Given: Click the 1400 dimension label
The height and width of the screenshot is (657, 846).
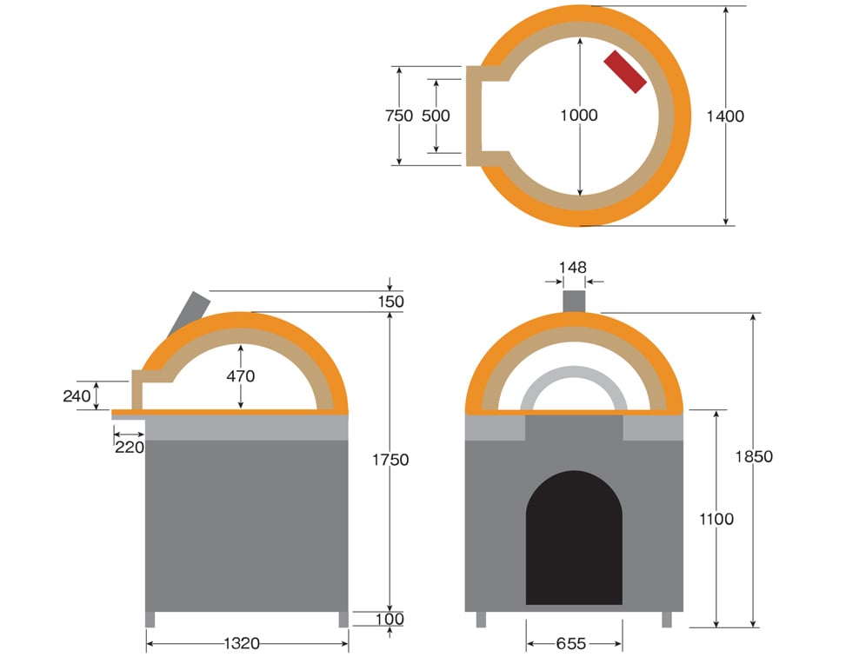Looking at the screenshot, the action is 725,116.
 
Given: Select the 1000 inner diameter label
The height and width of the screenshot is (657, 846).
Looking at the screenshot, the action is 579,115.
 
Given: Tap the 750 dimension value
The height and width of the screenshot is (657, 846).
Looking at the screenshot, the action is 399,116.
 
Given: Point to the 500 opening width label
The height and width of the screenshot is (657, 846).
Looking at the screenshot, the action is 436,116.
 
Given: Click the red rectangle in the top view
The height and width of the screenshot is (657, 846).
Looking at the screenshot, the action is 625,72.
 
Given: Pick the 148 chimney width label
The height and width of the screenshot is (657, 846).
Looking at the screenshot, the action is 572,267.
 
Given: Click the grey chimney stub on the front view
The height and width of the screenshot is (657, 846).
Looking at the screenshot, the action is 574,301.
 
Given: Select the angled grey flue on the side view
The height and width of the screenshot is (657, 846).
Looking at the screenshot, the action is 189,313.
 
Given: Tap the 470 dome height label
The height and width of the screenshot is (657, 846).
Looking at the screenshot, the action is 241,376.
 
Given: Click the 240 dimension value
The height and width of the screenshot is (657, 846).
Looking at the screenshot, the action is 77,396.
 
